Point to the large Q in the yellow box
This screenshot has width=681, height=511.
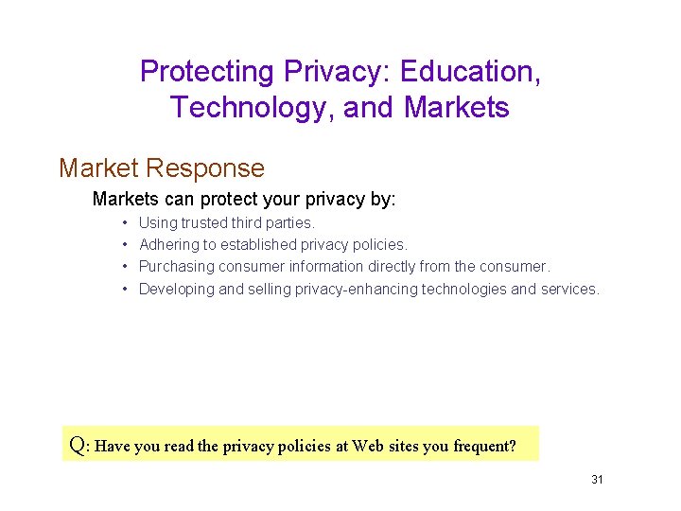(79, 445)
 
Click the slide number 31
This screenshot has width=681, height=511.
(597, 480)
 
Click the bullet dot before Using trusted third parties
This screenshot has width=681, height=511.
(125, 223)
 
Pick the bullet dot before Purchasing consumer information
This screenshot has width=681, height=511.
(125, 267)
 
